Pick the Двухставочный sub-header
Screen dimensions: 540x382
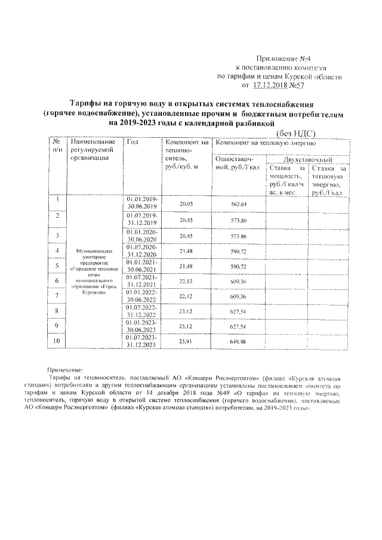click(308, 161)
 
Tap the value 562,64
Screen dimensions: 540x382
click(238, 204)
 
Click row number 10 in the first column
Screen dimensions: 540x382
click(57, 341)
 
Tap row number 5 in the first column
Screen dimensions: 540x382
click(57, 264)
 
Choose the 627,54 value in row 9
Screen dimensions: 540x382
click(238, 326)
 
